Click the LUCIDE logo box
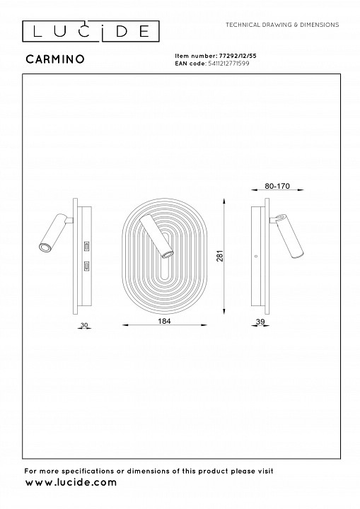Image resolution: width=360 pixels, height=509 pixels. [91, 31]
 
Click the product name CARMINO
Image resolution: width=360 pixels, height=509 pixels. [55, 59]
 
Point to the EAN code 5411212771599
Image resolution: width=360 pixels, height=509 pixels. [228, 64]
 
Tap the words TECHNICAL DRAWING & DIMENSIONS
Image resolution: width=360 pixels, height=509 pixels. [282, 25]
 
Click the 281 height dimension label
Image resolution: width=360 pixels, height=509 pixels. [220, 256]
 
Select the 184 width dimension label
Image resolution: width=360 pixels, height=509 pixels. [164, 321]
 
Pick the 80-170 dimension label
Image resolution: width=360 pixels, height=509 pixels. [277, 186]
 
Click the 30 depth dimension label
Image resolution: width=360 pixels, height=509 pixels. [84, 325]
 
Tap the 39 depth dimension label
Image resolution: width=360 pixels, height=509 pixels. [260, 322]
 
